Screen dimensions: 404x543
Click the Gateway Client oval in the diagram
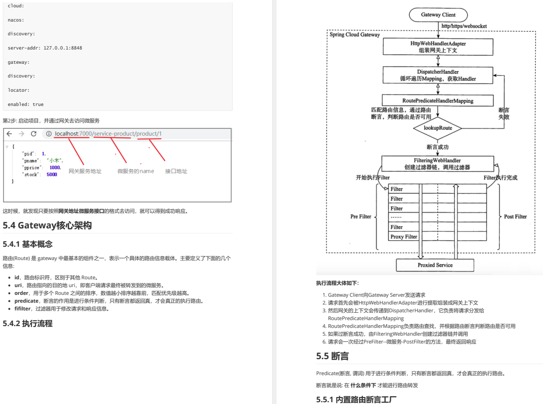click(438, 15)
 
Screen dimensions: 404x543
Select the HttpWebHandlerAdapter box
click(438, 47)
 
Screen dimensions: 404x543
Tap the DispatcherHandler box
click(438, 75)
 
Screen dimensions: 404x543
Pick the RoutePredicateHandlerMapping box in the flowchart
click(438, 100)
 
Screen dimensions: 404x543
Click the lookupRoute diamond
click(437, 128)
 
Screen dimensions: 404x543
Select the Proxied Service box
click(435, 265)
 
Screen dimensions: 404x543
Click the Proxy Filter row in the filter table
click(404, 237)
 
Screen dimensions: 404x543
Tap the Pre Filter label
click(361, 216)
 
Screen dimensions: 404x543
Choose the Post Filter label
click(515, 216)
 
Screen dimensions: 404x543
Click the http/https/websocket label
click(464, 26)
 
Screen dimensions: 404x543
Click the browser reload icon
click(34, 134)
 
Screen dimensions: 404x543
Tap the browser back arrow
click(9, 134)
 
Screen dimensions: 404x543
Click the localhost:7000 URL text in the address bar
click(73, 134)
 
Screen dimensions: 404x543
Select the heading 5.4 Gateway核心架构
click(47, 225)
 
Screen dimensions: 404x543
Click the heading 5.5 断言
click(332, 356)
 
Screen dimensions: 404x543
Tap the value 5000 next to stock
click(52, 174)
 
